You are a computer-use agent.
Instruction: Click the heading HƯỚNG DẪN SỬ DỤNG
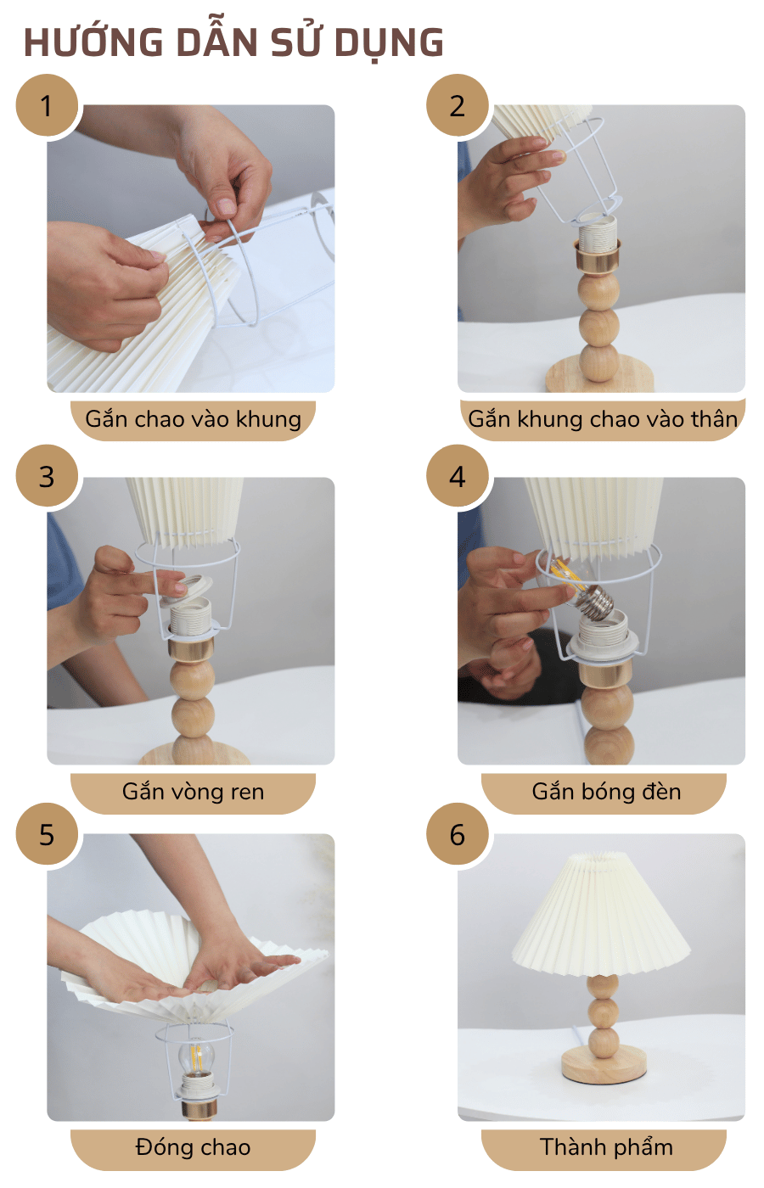(x=233, y=42)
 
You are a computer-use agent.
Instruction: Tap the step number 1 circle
(x=47, y=105)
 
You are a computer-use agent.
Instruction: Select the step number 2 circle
(x=458, y=105)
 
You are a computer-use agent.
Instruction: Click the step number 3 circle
(x=47, y=476)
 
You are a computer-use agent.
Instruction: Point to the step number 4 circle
(x=458, y=476)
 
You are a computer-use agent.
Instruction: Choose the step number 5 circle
(x=47, y=834)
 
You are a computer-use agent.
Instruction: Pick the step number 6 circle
(x=458, y=834)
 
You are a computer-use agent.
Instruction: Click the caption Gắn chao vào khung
(x=194, y=419)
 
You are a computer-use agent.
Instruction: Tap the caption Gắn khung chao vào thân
(x=603, y=419)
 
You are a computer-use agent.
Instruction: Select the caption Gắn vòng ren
(x=194, y=792)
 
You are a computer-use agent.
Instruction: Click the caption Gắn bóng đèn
(x=606, y=792)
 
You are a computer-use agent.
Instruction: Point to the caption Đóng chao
(x=194, y=1147)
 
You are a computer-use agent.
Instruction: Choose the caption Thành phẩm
(x=606, y=1147)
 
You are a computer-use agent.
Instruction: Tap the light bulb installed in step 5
(x=196, y=1058)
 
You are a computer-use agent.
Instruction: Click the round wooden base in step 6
(x=602, y=1066)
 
